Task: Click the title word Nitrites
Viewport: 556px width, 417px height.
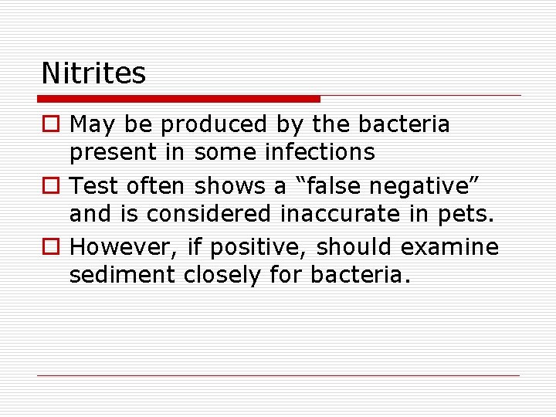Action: [x=93, y=73]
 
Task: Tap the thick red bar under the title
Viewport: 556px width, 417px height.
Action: [x=179, y=99]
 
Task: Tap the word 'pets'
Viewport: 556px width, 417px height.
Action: [x=466, y=213]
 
